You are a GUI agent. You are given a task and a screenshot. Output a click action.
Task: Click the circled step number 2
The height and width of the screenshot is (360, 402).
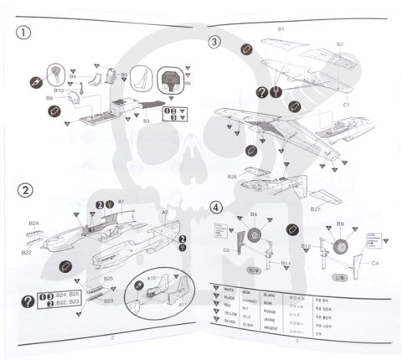click(x=27, y=189)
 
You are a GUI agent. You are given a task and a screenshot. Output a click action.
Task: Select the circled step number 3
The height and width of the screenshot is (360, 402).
click(x=214, y=42)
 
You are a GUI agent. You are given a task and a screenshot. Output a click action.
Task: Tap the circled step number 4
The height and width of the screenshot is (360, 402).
click(x=216, y=207)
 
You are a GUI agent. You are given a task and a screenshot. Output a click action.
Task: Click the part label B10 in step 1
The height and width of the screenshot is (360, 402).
click(x=59, y=90)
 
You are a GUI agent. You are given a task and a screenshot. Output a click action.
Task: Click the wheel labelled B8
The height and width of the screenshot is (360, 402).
click(x=253, y=239)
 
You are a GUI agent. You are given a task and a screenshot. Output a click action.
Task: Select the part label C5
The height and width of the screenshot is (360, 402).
click(x=226, y=250)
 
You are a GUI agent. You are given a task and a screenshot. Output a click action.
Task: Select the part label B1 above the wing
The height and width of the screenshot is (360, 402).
click(x=281, y=29)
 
